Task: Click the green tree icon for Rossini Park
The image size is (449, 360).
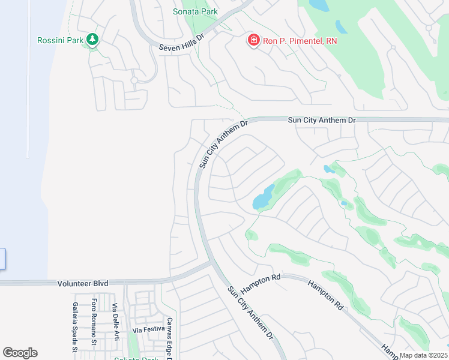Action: [92, 40]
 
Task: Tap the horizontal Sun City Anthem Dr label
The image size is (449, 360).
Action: [322, 121]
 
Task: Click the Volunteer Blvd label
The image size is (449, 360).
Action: [83, 283]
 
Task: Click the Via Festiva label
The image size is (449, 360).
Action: [148, 330]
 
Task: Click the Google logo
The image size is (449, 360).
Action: [20, 353]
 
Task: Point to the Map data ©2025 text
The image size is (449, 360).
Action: [423, 355]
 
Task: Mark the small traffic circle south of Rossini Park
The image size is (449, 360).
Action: [134, 80]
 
